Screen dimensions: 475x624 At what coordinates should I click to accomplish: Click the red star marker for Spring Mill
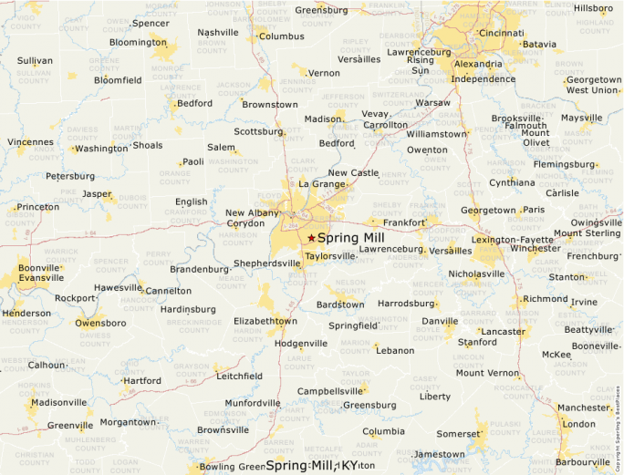click(311, 237)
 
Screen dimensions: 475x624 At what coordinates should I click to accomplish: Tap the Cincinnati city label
click(501, 33)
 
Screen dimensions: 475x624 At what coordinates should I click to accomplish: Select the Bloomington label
click(138, 42)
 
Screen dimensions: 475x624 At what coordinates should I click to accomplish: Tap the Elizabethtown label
click(265, 321)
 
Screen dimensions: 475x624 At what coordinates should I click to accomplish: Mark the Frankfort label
click(404, 222)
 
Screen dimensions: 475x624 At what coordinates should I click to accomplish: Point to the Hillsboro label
click(593, 8)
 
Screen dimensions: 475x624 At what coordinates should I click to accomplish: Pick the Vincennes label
click(31, 142)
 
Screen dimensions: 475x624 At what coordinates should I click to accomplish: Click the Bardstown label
click(340, 304)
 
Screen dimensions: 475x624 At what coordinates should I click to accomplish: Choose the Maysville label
click(582, 118)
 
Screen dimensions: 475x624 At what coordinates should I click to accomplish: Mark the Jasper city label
click(97, 194)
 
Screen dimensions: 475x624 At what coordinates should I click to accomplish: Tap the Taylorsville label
click(329, 256)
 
